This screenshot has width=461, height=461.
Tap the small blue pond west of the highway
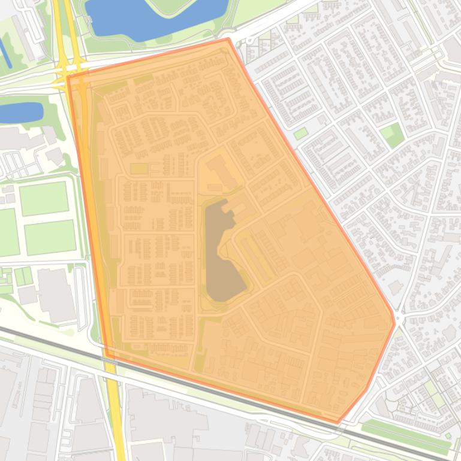(21, 111)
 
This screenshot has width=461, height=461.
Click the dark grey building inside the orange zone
(223, 251)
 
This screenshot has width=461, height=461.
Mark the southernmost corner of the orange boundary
(338, 423)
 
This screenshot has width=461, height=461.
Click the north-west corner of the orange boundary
(68, 76)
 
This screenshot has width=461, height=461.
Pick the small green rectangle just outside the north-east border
(300, 133)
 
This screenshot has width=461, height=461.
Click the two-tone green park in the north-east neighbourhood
(392, 134)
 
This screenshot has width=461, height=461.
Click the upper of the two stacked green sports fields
(44, 198)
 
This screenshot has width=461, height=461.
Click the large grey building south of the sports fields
(55, 293)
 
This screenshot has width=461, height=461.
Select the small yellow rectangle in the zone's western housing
(139, 169)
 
